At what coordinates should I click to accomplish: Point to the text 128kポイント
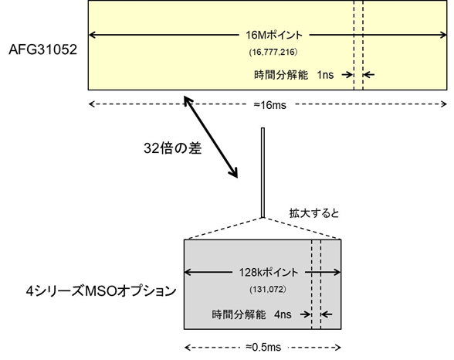pos(263,273)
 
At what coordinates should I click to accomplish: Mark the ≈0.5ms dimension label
pos(263,345)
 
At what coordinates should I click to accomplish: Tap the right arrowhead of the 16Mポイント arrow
pos(442,36)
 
